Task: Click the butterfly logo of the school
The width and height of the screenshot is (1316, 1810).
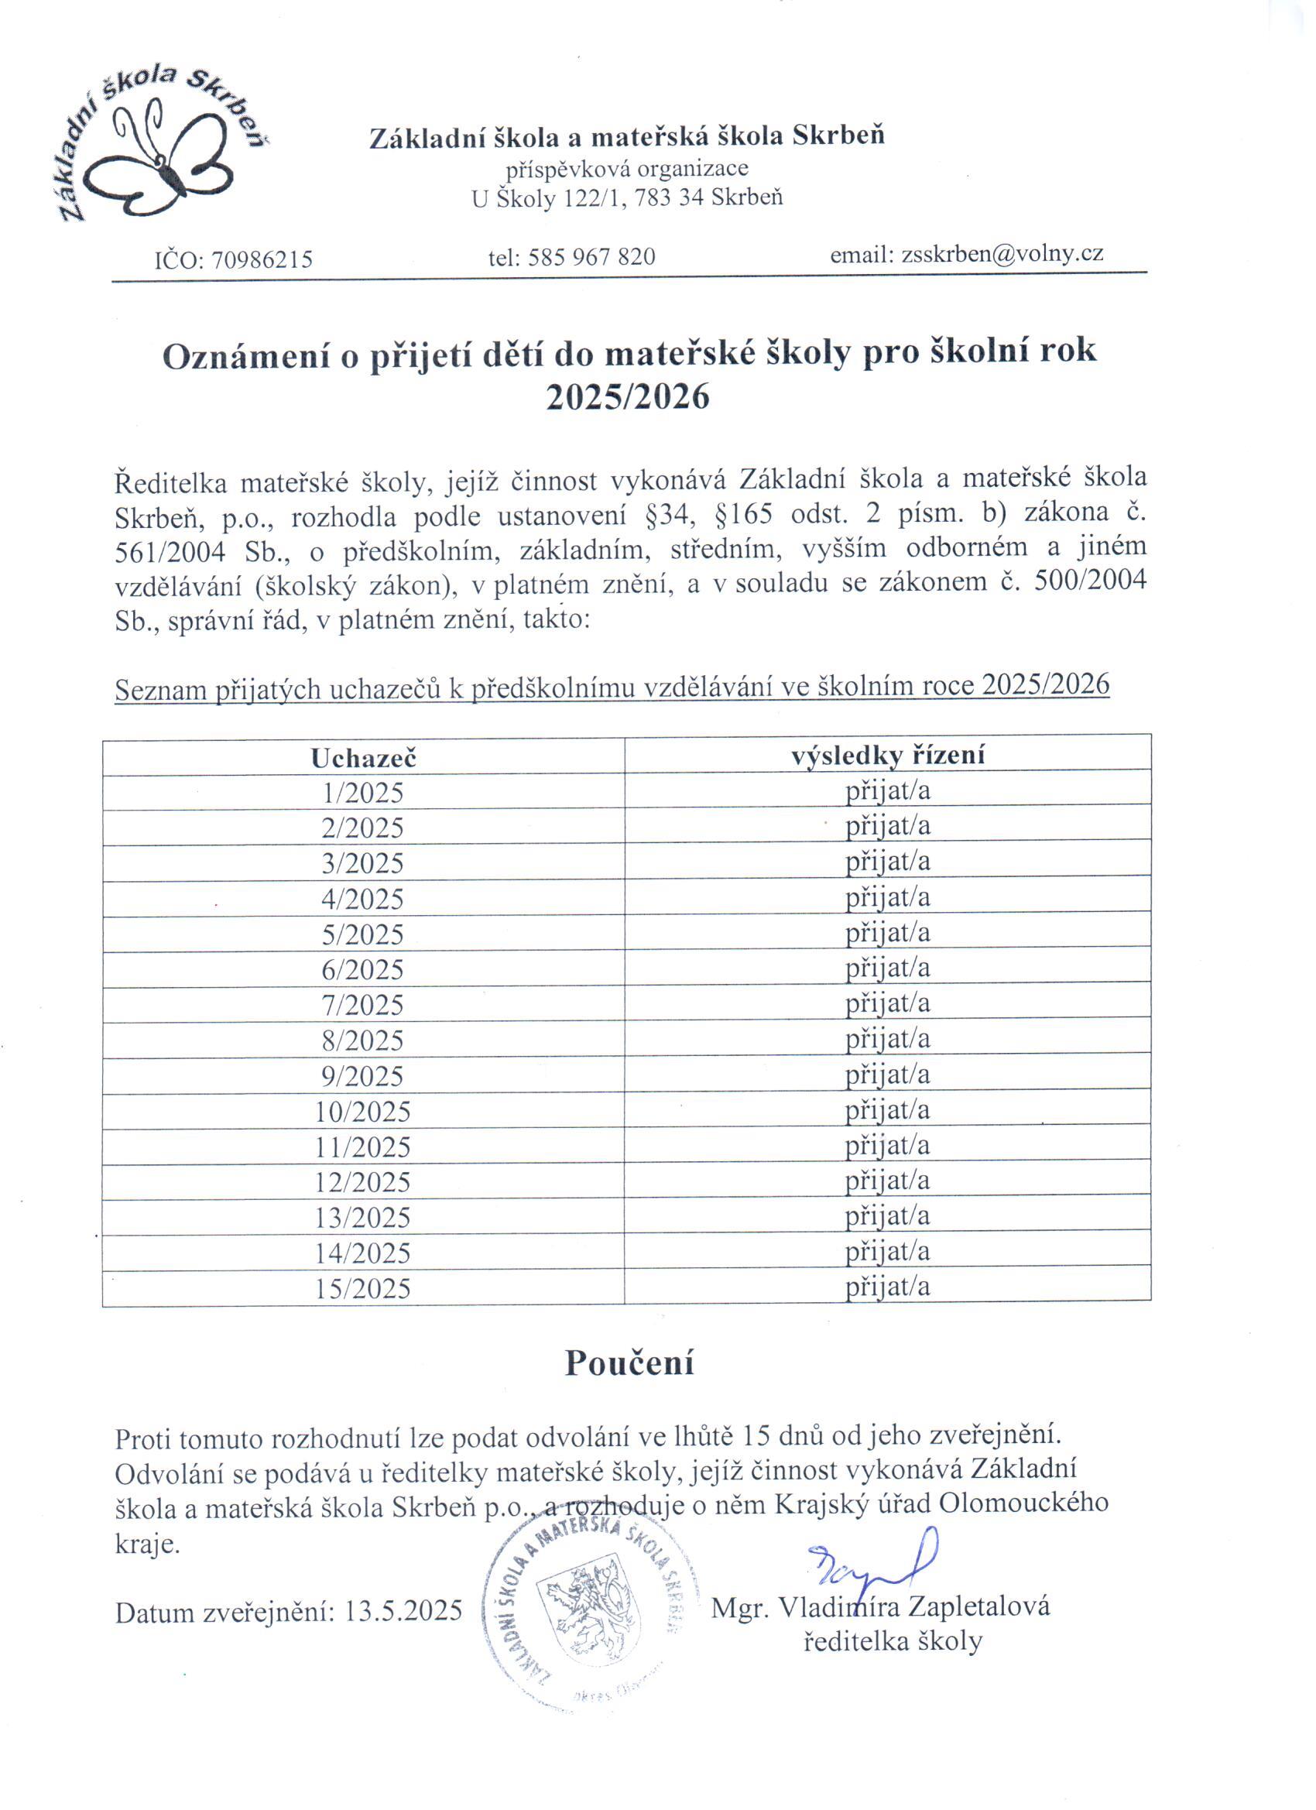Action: [163, 152]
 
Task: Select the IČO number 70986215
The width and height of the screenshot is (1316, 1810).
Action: [261, 260]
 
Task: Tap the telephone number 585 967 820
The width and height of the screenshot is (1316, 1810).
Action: [591, 257]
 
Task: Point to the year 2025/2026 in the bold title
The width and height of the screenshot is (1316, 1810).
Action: [628, 396]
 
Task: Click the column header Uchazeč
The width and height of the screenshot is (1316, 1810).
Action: [363, 758]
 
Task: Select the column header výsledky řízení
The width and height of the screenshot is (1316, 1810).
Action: [887, 755]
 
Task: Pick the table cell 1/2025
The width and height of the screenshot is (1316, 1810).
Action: [363, 794]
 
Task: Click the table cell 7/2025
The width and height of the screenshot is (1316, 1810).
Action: [363, 1005]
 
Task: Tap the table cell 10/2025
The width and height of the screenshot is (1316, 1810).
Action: [363, 1112]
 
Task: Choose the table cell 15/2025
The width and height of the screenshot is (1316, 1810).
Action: [363, 1289]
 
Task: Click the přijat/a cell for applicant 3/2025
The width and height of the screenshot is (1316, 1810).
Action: [887, 862]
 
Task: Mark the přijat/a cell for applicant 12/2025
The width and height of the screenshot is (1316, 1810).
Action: [887, 1181]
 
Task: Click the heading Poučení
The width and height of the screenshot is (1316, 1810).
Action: [629, 1363]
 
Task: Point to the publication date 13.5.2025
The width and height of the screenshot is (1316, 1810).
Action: [403, 1611]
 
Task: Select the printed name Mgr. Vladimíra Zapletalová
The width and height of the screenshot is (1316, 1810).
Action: [879, 1606]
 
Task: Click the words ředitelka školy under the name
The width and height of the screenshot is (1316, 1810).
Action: [893, 1641]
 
